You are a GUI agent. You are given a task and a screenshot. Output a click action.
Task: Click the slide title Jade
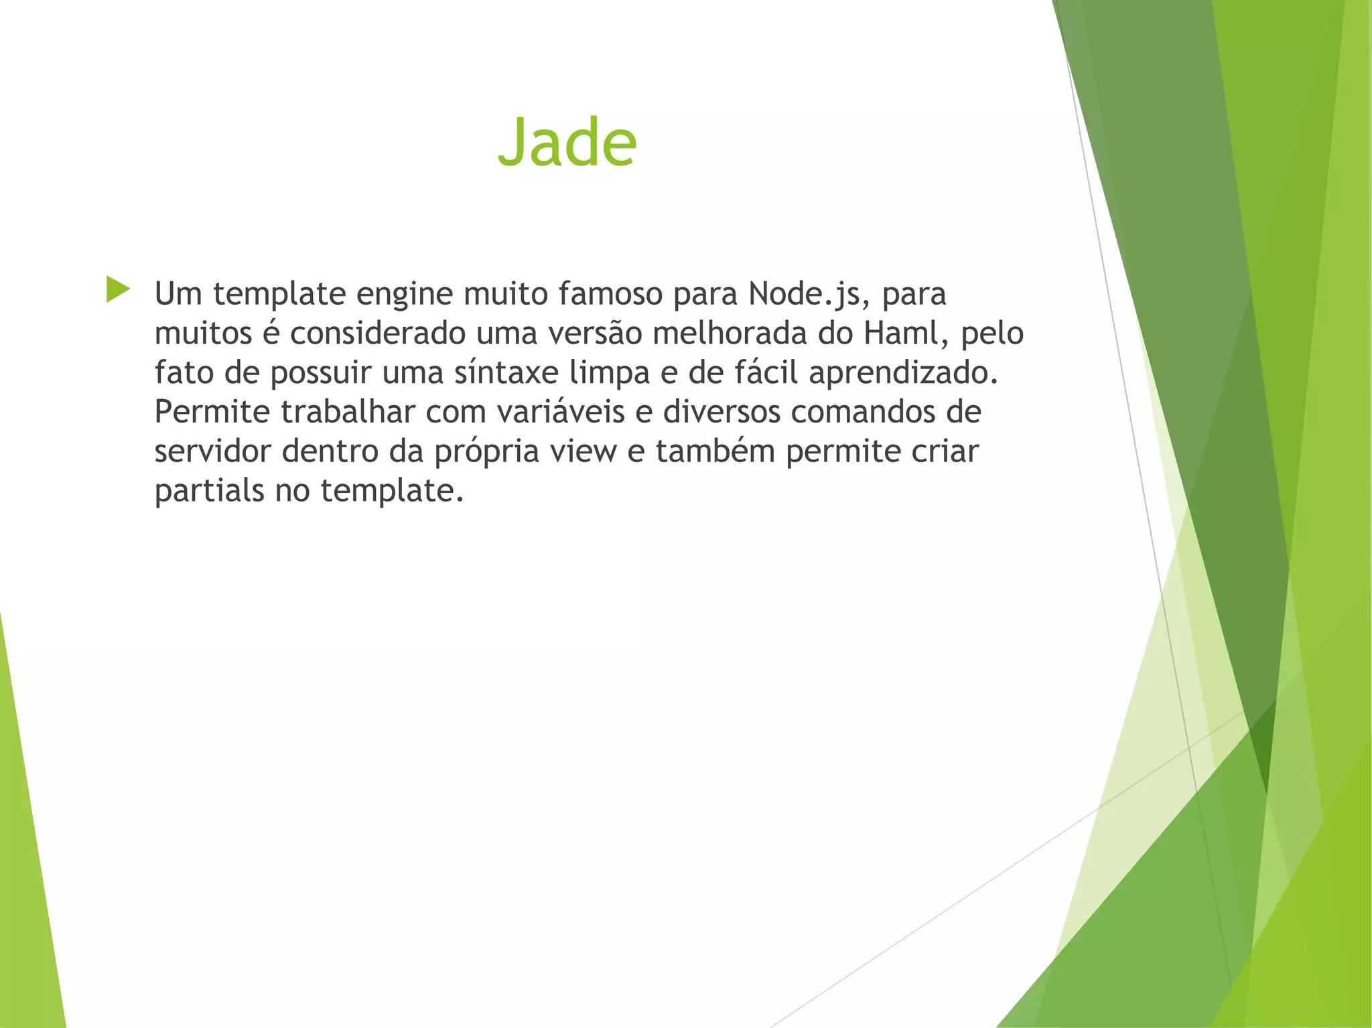567,143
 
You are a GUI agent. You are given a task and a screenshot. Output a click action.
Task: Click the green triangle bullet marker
118,289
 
